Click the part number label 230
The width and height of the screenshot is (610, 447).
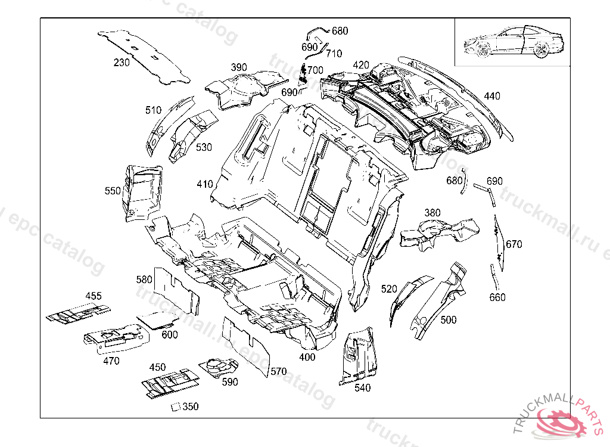click(x=122, y=63)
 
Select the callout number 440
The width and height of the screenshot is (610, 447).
click(x=492, y=96)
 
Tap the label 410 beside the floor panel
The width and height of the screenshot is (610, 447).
click(x=205, y=184)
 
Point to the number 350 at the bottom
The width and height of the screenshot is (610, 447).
click(x=191, y=406)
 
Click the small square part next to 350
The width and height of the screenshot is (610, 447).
click(x=175, y=407)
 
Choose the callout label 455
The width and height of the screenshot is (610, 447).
click(x=94, y=296)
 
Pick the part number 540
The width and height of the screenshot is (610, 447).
click(x=362, y=388)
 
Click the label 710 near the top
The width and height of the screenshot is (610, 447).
click(x=334, y=54)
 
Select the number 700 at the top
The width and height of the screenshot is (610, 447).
click(x=315, y=70)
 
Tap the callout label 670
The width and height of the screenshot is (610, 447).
click(x=513, y=244)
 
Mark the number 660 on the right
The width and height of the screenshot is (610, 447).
click(x=497, y=297)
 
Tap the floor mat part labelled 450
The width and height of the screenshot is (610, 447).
click(x=170, y=381)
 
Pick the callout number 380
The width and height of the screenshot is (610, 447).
click(x=432, y=213)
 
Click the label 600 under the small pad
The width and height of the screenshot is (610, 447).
click(x=170, y=335)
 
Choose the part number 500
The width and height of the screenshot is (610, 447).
click(x=449, y=319)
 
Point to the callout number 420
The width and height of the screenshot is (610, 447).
click(x=361, y=65)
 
